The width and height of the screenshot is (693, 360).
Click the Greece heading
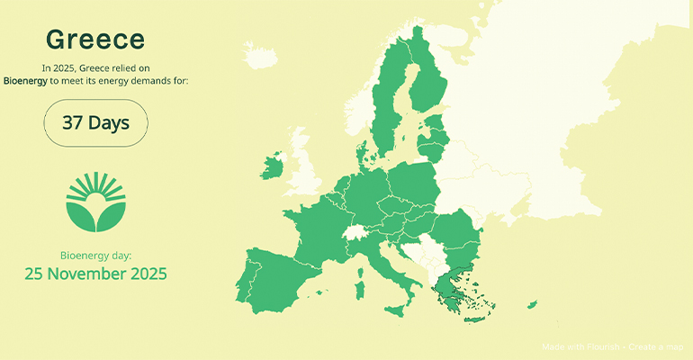coord(94,40)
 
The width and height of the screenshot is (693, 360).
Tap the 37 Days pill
coord(95,123)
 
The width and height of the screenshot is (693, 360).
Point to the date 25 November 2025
coord(95,273)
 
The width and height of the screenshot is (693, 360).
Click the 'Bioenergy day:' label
coord(95,256)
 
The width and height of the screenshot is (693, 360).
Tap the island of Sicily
coord(397,310)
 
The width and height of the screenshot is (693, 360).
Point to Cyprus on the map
coord(532,305)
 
